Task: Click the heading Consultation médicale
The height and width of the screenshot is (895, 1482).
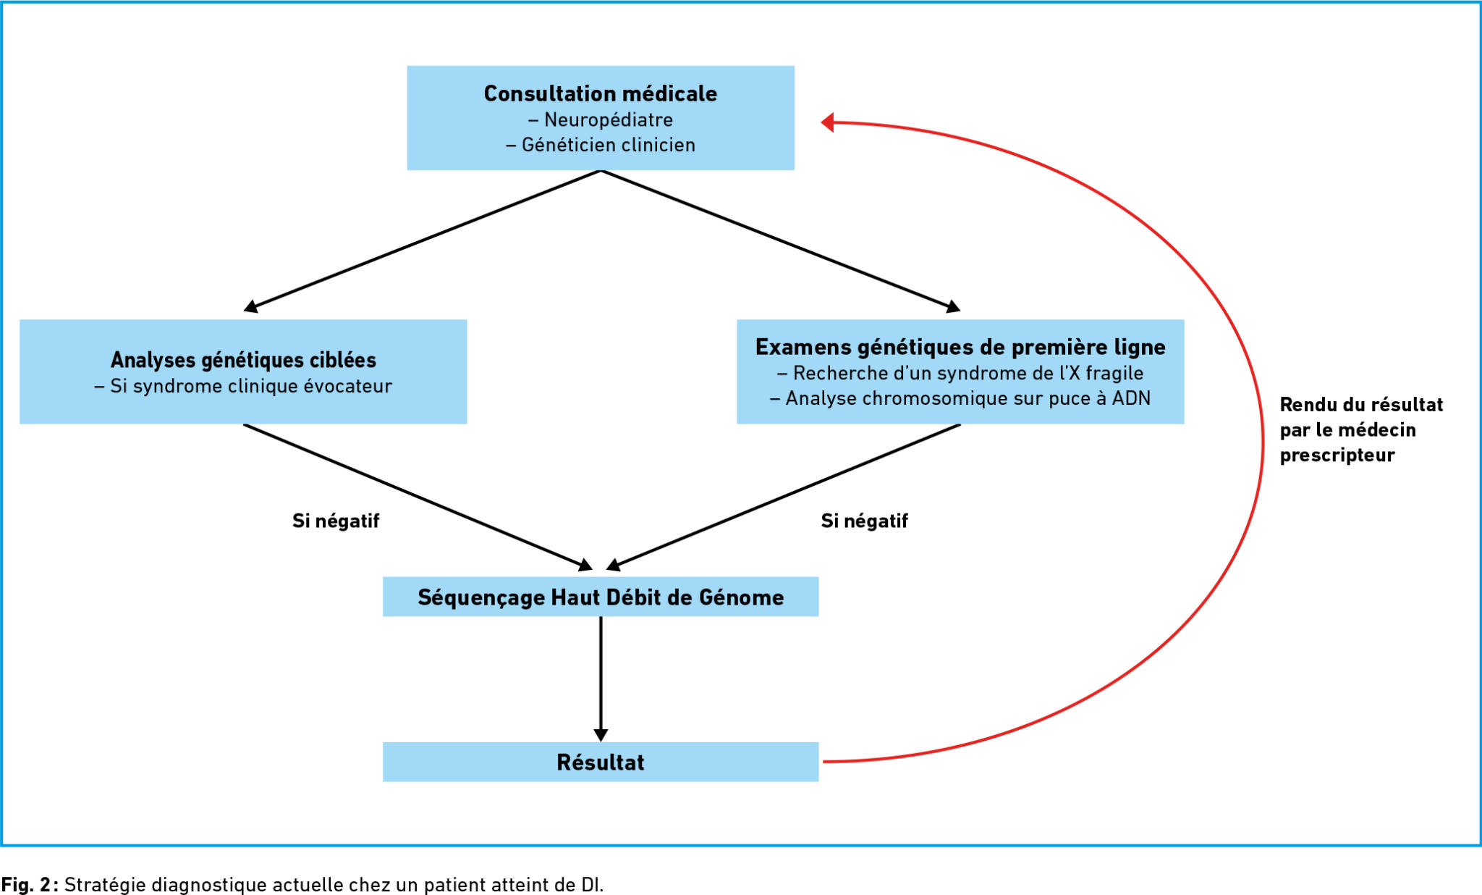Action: (601, 93)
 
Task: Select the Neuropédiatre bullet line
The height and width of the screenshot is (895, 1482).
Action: (601, 119)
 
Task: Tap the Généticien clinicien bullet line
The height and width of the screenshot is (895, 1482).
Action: (601, 145)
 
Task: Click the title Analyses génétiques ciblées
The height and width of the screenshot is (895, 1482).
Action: (243, 360)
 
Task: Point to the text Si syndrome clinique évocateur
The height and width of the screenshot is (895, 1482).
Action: (243, 386)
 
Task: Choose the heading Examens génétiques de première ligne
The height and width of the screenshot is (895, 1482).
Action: (960, 347)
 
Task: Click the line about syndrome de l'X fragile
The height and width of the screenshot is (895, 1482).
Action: (960, 373)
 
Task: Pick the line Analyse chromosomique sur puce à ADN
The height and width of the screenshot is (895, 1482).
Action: (960, 398)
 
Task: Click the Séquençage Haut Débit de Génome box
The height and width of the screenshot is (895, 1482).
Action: (601, 597)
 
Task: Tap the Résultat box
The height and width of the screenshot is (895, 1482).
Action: (601, 762)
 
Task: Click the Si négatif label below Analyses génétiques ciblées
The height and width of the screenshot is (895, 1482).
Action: (336, 521)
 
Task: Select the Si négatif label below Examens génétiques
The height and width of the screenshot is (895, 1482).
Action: (864, 521)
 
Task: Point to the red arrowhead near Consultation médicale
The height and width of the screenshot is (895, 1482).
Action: (828, 122)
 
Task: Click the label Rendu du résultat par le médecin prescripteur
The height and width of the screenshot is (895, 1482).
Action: (1361, 429)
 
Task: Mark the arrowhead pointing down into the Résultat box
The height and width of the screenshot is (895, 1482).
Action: (601, 735)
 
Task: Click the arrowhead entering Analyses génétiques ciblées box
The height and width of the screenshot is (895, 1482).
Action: (251, 307)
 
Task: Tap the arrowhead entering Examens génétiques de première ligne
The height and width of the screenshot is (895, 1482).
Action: (953, 307)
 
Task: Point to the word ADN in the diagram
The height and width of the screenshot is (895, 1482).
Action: (1131, 398)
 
